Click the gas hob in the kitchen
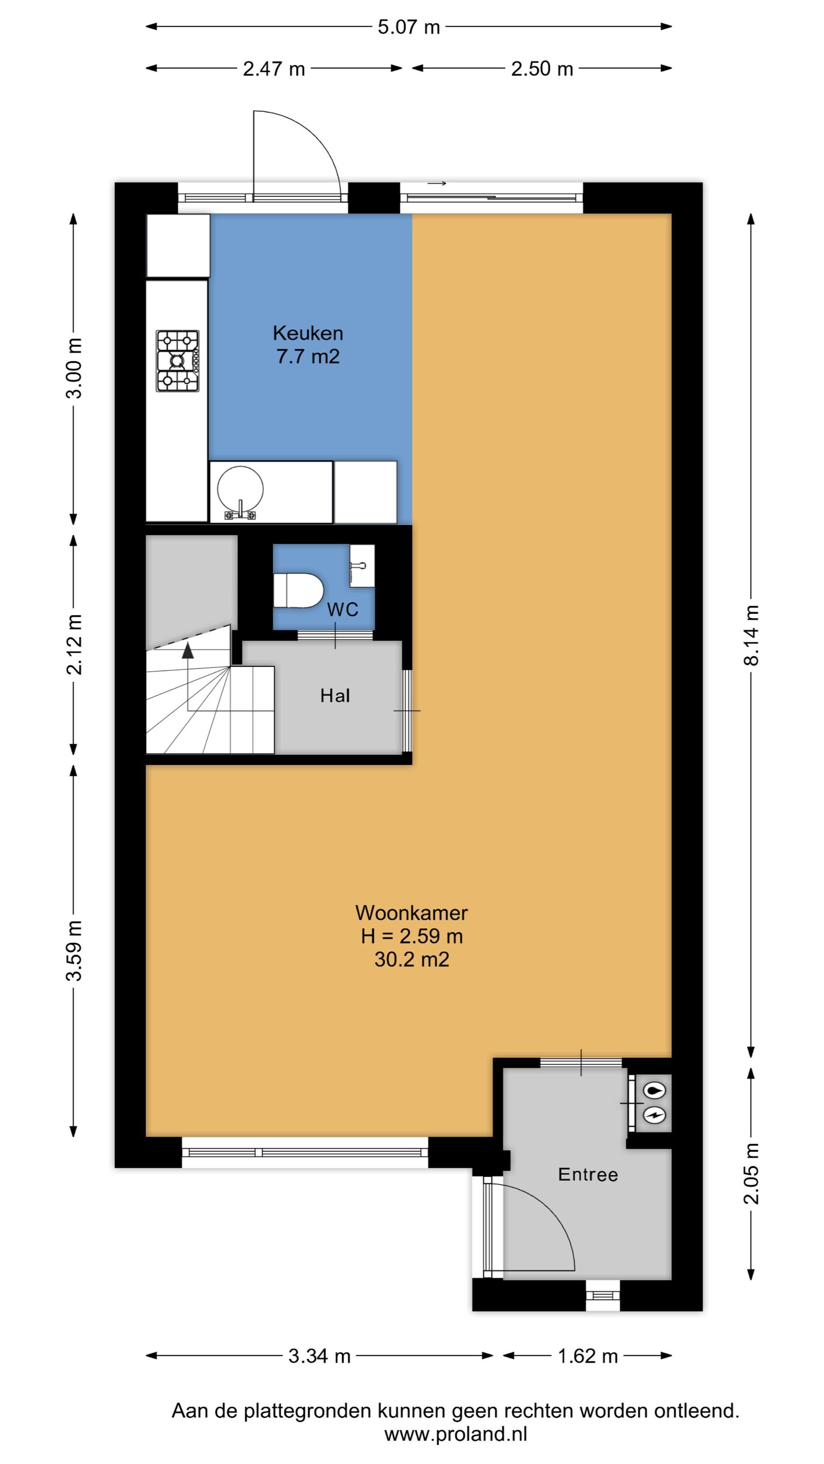pyautogui.click(x=178, y=361)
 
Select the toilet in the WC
pyautogui.click(x=298, y=591)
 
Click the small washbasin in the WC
pyautogui.click(x=362, y=565)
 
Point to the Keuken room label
pyautogui.click(x=308, y=333)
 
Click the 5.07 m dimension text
pyautogui.click(x=409, y=27)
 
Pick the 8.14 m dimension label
pyautogui.click(x=751, y=635)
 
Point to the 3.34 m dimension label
pyautogui.click(x=319, y=1356)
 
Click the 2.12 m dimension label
pyautogui.click(x=74, y=645)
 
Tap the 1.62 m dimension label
pyautogui.click(x=587, y=1356)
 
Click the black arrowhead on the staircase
pyautogui.click(x=188, y=651)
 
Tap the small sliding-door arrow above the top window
pyautogui.click(x=437, y=183)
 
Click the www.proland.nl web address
pyautogui.click(x=456, y=1434)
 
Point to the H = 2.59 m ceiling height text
pyautogui.click(x=411, y=936)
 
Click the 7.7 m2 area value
pyautogui.click(x=308, y=356)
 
